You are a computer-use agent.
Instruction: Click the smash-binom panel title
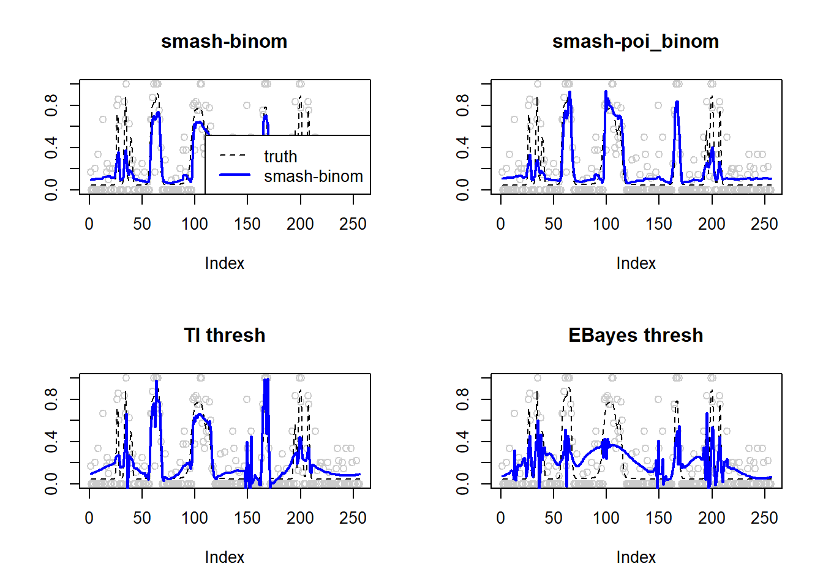point(224,42)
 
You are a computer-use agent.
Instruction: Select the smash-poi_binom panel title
point(636,42)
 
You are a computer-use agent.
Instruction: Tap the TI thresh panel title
point(224,336)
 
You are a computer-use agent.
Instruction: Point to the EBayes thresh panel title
point(636,336)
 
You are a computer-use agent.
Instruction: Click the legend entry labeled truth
point(280,157)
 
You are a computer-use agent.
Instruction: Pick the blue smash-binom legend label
point(313,176)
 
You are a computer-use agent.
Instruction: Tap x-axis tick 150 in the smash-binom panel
point(247,224)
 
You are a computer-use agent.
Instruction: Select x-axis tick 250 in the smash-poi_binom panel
point(764,224)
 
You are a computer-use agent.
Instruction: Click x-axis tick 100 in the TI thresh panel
point(195,518)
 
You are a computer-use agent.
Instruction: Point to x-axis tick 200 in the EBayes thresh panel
point(712,518)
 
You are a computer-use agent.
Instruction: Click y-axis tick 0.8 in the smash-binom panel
point(51,105)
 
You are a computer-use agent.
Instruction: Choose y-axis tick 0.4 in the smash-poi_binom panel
point(463,147)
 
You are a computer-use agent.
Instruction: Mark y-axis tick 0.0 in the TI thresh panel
point(51,484)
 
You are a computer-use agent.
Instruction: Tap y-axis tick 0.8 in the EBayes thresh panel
point(463,399)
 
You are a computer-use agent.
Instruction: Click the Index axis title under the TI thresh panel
point(224,557)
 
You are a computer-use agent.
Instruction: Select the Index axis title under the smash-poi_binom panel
point(636,263)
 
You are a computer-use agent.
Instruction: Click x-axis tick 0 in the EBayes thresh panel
point(501,518)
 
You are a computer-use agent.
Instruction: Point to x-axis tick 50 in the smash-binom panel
point(142,224)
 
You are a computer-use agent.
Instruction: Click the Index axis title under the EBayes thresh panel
point(636,557)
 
